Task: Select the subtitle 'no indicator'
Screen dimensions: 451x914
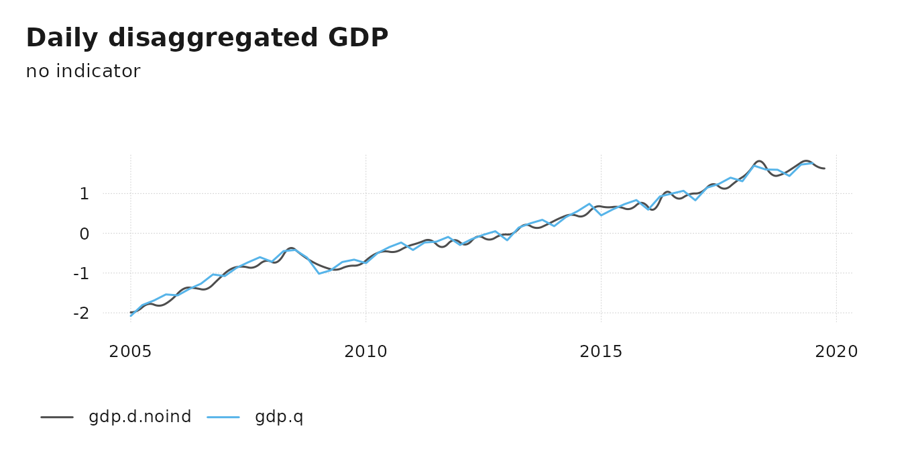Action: [x=83, y=71]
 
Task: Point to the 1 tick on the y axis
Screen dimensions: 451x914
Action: [x=84, y=194]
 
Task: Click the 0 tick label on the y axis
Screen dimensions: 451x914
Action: [x=84, y=234]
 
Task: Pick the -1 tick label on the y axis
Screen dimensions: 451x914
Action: [x=82, y=273]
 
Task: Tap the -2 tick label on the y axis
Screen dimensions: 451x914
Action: [x=82, y=313]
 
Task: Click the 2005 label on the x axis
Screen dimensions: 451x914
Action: [x=130, y=352]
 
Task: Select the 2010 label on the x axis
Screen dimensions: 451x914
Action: [x=366, y=352]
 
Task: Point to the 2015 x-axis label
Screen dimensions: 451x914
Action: [x=602, y=352]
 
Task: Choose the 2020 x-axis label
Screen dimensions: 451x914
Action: [x=836, y=352]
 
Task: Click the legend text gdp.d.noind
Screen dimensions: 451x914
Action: [x=139, y=417]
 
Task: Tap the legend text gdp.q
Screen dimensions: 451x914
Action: [x=279, y=417]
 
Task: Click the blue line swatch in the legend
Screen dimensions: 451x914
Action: [x=223, y=417]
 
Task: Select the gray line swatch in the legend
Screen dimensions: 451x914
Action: [x=57, y=417]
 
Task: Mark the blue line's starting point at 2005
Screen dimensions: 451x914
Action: [x=131, y=315]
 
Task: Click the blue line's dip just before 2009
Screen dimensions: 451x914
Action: [x=319, y=273]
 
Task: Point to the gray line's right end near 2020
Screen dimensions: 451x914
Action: [x=824, y=168]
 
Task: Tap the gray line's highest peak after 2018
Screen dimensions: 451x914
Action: [x=759, y=161]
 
